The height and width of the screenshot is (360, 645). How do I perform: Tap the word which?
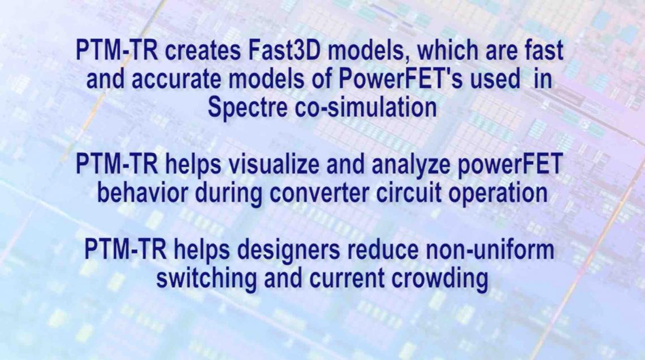[448, 51]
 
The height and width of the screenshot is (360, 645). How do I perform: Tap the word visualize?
[274, 164]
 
